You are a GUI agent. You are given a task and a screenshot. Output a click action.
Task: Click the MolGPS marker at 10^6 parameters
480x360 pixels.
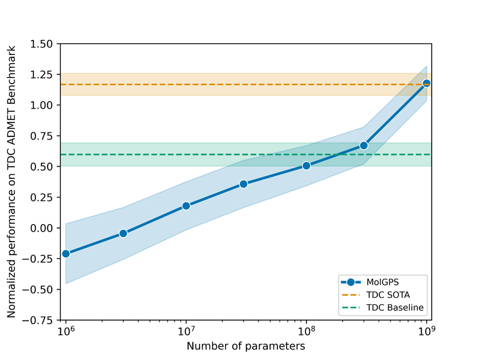coord(66,253)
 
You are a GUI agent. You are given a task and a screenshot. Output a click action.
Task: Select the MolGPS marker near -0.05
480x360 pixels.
coord(123,233)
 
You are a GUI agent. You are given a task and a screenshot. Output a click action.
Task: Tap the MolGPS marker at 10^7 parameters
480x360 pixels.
coord(186,206)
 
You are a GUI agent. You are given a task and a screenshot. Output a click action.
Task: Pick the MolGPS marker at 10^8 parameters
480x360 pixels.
coord(306,166)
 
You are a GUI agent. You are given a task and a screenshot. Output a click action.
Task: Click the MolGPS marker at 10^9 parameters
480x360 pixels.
coord(426,83)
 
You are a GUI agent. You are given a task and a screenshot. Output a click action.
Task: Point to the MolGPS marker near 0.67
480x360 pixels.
coord(364,146)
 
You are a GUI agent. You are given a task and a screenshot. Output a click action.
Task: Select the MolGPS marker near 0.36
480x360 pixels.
coord(244,184)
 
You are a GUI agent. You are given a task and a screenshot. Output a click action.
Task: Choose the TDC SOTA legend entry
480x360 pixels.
coord(388,295)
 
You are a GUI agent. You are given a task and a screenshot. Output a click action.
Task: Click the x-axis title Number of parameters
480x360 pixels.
coord(246,346)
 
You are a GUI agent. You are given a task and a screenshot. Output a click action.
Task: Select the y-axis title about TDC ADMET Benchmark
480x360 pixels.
coord(11,181)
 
